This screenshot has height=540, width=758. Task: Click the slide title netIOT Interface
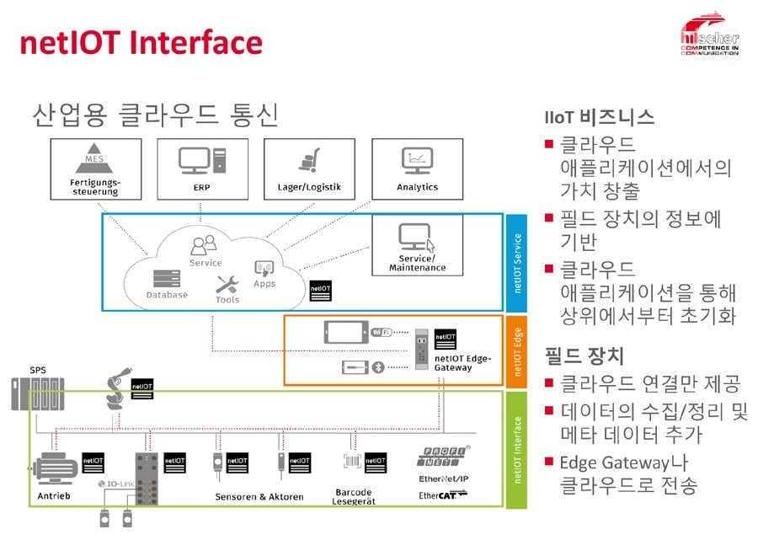(141, 41)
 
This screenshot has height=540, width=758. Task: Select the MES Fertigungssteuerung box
(94, 170)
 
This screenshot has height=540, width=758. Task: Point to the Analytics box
(418, 170)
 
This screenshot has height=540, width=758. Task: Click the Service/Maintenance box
(417, 245)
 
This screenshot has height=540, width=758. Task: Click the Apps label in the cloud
(264, 284)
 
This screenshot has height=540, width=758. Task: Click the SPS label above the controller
(38, 369)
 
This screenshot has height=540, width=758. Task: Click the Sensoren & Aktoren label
(259, 496)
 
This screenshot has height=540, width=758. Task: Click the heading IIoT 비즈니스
(600, 117)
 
